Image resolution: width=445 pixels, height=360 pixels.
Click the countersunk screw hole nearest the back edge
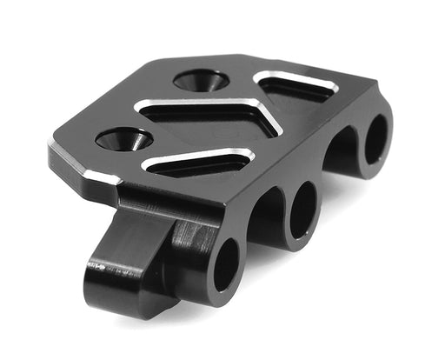point(201,81)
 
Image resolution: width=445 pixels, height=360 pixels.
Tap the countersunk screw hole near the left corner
point(124,137)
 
